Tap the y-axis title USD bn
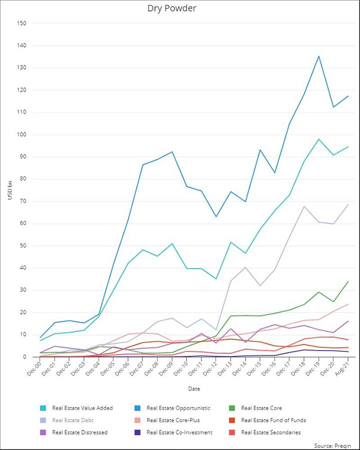coord(9,190)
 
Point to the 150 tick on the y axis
coord(22,23)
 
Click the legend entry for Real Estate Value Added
coord(82,408)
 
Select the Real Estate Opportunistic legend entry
coord(178,408)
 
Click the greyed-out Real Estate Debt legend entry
coord(72,420)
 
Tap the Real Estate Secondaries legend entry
coord(270,432)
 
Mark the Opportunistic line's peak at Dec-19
coord(319,56)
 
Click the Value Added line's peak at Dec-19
coord(319,139)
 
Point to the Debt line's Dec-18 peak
coord(304,206)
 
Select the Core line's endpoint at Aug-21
coord(348,281)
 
